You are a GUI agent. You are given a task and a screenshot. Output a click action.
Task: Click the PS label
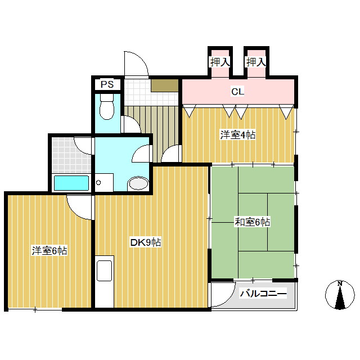pos(107,85)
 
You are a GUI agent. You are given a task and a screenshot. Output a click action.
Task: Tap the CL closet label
pos(237,91)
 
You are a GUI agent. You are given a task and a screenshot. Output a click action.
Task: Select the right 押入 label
pos(255,62)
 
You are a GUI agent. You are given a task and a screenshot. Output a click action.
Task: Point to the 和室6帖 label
pos(252,222)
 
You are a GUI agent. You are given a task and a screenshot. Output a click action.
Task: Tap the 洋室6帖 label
pos(49,251)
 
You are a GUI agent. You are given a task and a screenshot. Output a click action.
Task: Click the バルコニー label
pos(263,294)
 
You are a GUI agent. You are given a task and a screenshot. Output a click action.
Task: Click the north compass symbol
pos(340,295)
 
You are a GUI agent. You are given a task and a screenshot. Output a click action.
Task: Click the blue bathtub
pos(71,183)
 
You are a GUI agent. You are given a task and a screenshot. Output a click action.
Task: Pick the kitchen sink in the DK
pos(105,270)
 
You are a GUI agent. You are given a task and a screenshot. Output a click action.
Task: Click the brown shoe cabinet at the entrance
pos(164,85)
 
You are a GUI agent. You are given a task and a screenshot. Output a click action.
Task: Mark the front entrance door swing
pos(137,65)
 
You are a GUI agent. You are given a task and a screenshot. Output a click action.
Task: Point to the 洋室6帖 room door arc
pos(79,206)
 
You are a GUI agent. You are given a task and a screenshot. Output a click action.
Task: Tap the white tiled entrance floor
pos(137,90)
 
